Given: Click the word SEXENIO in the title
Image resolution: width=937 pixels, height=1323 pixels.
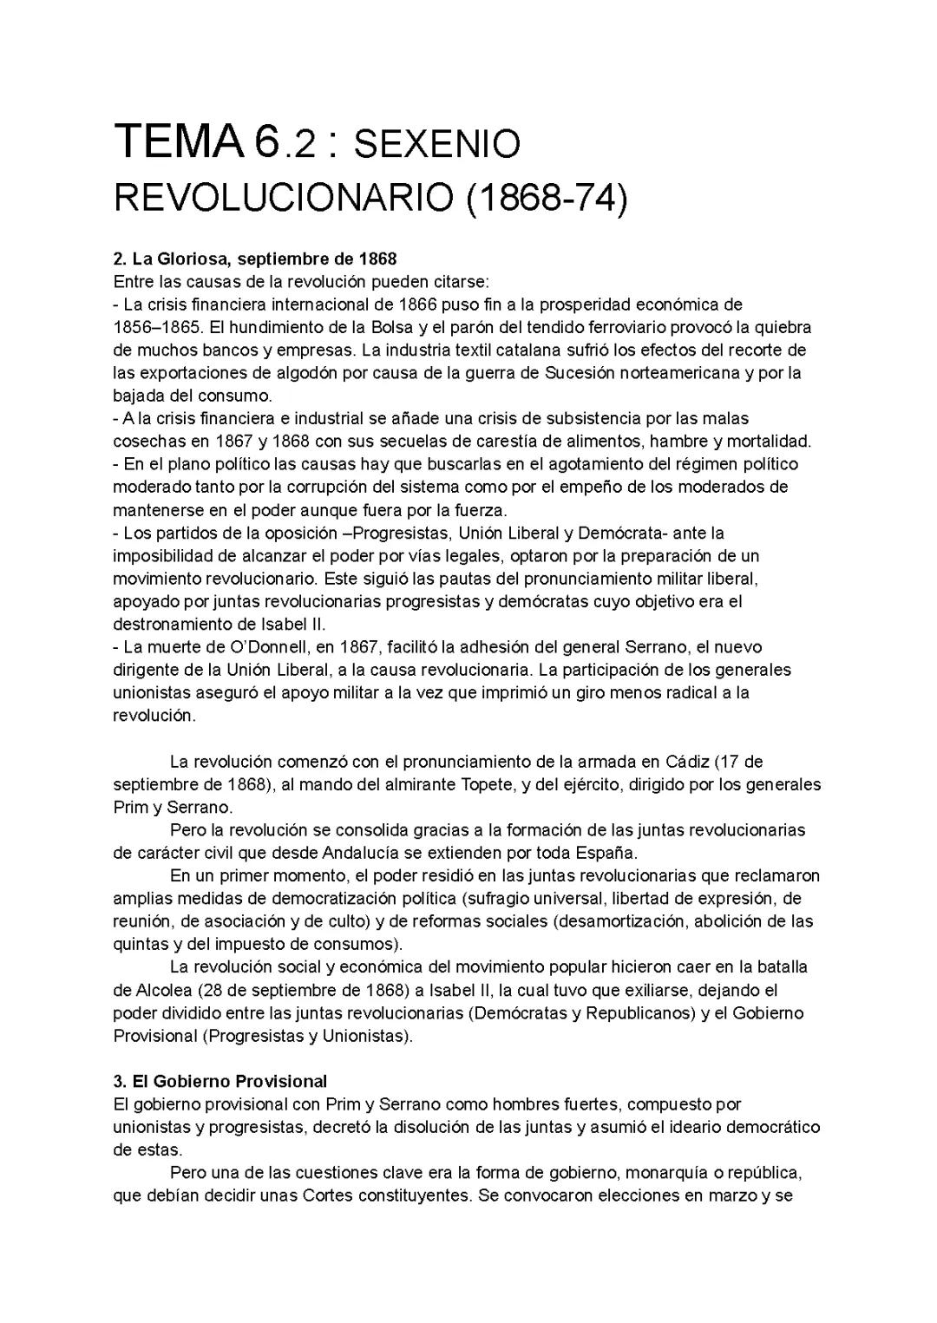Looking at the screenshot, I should (x=437, y=144).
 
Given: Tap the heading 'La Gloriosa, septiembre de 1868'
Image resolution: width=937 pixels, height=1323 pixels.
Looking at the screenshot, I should (x=264, y=259).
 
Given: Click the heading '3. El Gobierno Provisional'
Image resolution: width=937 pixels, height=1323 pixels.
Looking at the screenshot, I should (x=220, y=1081).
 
